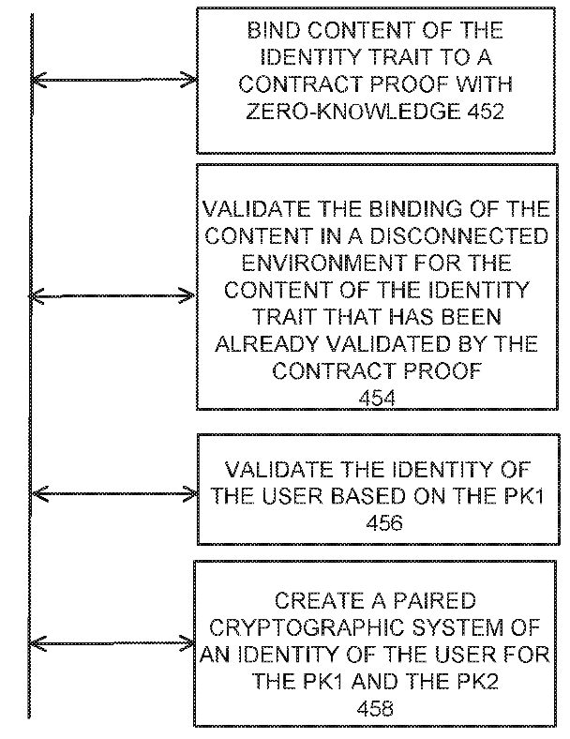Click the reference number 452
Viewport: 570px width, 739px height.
486,112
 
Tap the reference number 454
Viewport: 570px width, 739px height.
377,399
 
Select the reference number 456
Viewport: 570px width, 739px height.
384,522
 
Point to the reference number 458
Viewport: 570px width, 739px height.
375,708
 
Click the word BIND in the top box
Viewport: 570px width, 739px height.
274,31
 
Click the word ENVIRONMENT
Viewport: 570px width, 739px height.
323,263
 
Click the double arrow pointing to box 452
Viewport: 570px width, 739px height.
114,80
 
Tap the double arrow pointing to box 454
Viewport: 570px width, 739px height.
112,296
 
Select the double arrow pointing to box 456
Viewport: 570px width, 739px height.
115,494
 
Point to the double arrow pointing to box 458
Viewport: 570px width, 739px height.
112,643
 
